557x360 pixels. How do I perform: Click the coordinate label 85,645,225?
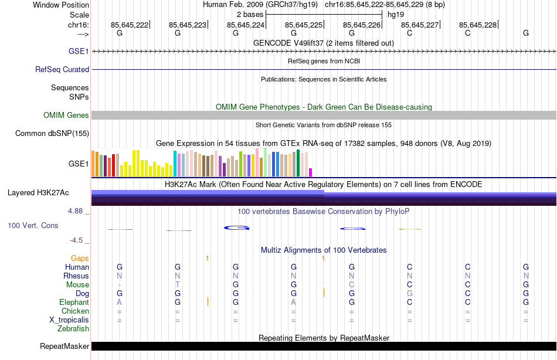point(304,25)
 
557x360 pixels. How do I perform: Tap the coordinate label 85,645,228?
point(478,25)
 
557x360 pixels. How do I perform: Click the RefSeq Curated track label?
point(62,69)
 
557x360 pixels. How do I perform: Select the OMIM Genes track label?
point(66,115)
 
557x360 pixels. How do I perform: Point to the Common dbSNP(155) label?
point(52,133)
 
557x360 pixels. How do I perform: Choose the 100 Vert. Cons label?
point(33,225)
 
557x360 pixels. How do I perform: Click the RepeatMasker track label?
point(64,346)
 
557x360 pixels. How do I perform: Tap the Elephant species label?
point(74,302)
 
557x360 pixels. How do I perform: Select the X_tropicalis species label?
point(69,320)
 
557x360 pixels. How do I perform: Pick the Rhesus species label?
point(76,276)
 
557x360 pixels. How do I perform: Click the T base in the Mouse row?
point(178,284)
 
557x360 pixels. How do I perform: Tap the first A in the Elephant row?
point(120,302)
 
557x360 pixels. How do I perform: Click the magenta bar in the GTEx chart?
point(311,172)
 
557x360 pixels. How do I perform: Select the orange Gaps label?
point(80,258)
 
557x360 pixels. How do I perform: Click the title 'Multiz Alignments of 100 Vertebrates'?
point(324,250)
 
